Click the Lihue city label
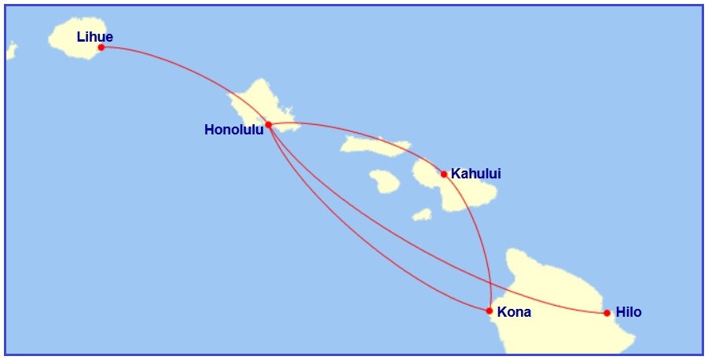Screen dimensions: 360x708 pyautogui.click(x=95, y=36)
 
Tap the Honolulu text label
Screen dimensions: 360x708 pyautogui.click(x=233, y=130)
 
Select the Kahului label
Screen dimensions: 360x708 pyautogui.click(x=475, y=174)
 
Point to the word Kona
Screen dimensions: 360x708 pyautogui.click(x=515, y=312)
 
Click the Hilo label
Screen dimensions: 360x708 pyautogui.click(x=629, y=312)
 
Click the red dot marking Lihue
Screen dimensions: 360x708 pyautogui.click(x=101, y=47)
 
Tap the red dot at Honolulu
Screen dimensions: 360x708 pyautogui.click(x=269, y=124)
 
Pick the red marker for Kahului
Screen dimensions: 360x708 pyautogui.click(x=444, y=174)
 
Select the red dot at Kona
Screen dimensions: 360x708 pyautogui.click(x=490, y=310)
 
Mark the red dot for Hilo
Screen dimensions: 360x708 pyautogui.click(x=607, y=313)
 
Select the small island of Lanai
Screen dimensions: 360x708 pyautogui.click(x=384, y=182)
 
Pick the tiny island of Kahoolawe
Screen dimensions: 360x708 pyautogui.click(x=422, y=214)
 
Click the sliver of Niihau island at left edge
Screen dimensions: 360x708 pyautogui.click(x=10, y=51)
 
